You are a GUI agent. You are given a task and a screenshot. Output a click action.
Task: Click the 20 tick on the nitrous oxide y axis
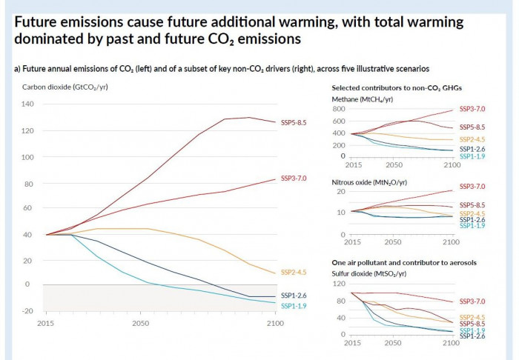coord(341,192)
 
